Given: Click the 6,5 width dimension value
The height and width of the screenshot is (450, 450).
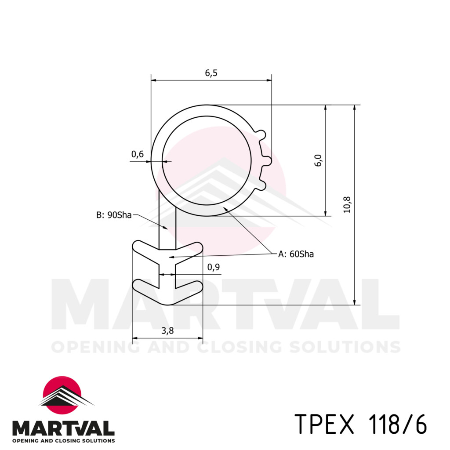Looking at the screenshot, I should coord(211,73).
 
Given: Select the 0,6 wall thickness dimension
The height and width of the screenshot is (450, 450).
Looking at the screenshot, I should coord(138,154).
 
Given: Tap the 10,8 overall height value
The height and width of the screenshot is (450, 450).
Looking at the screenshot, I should coord(347,205).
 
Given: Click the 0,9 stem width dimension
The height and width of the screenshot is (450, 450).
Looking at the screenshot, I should coord(213,267).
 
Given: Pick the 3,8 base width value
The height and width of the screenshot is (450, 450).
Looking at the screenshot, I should coord(167,331).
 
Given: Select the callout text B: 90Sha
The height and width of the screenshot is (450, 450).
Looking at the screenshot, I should coord(114,215).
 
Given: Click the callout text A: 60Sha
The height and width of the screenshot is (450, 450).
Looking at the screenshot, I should coord(296,254).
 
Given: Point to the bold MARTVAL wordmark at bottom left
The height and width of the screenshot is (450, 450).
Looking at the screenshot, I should coord(63,428).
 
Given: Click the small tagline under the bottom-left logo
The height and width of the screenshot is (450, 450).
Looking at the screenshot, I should coord(63,440).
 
